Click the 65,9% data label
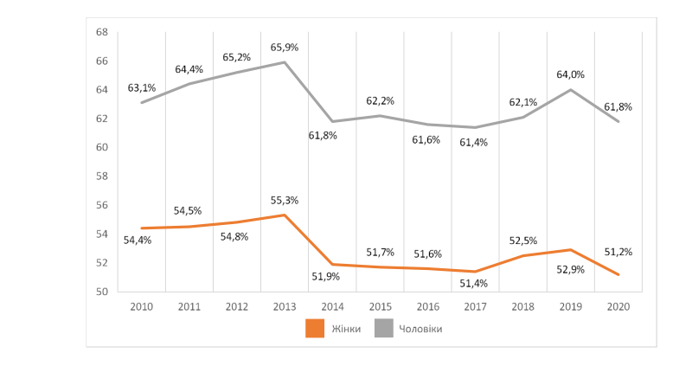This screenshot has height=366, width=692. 285,48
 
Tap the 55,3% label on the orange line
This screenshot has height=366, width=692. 285,201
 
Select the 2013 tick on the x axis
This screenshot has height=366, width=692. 285,306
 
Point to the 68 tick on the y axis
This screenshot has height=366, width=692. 101,32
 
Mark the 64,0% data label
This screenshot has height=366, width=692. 571,75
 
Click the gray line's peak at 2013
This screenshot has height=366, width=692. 285,62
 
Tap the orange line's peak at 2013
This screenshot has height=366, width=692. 285,215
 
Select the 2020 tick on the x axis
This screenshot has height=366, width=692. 618,306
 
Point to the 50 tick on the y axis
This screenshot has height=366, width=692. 101,292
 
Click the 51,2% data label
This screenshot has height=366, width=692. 618,253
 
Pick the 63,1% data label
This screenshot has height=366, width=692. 141,87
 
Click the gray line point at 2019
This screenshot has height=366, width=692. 571,90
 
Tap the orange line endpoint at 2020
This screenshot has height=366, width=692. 618,274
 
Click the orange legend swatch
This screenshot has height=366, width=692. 315,329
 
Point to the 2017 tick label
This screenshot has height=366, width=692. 475,306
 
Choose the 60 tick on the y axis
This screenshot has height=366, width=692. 101,147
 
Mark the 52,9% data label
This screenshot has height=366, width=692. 571,268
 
